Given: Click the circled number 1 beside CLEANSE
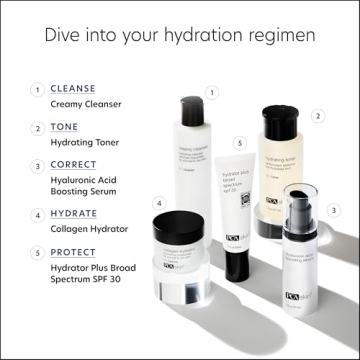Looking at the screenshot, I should point(36,88).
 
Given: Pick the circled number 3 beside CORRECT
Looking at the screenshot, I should point(36,165).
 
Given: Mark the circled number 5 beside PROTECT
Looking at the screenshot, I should point(36,253).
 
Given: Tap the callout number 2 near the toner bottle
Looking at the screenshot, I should point(317,116).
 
